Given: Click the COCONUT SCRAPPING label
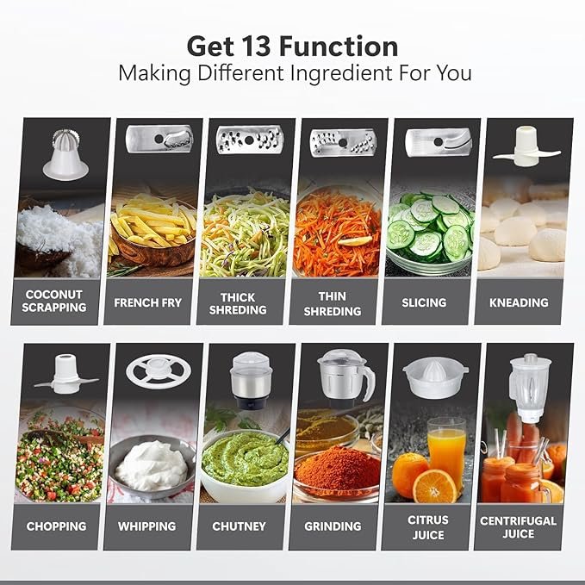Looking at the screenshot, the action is point(54,301).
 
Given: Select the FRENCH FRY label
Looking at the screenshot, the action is point(147,302).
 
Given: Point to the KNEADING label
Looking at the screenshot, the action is point(519,302).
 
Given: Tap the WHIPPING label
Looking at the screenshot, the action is point(147,526).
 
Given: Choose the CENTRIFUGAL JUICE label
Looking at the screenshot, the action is point(518,526).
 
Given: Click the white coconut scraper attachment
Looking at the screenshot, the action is point(65,155).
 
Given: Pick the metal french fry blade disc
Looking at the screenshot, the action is point(159,140).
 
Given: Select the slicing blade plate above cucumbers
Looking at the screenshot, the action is point(439,142).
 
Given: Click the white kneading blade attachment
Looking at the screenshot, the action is point(526,147).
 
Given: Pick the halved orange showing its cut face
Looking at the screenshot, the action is point(435,487).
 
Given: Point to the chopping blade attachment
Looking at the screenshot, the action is point(66,374).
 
